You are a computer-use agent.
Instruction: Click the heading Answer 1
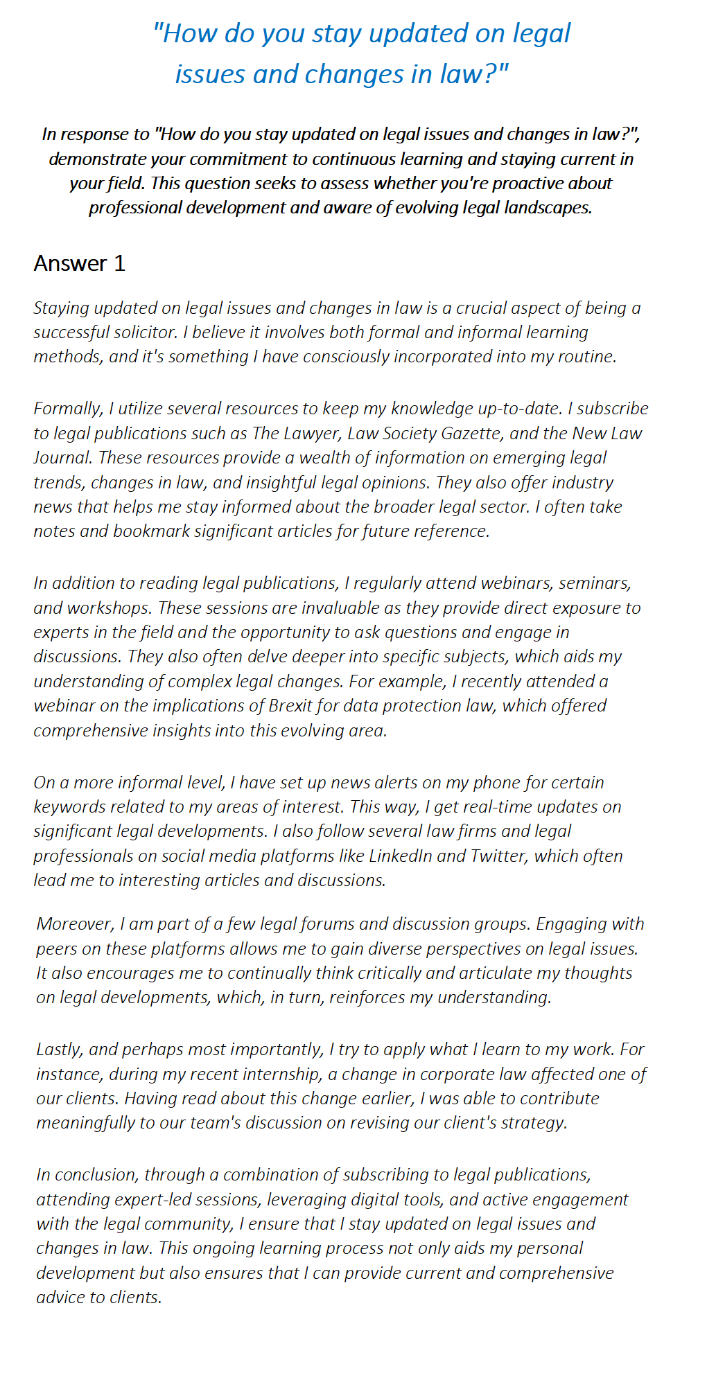[80, 263]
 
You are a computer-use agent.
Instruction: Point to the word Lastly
[59, 1050]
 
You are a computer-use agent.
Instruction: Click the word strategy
[533, 1122]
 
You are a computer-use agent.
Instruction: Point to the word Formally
[67, 409]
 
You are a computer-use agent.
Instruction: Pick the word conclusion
[97, 1175]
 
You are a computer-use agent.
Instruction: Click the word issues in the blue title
[209, 74]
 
